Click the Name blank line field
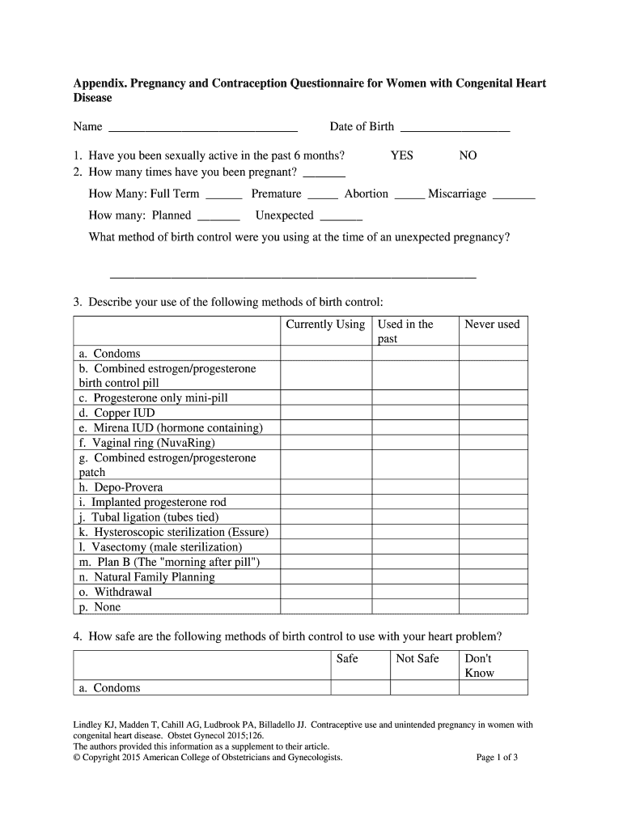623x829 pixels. click(202, 128)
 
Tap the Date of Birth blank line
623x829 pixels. click(455, 128)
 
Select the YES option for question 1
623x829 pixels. click(401, 155)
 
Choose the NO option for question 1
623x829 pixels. click(468, 155)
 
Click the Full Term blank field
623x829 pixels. click(224, 195)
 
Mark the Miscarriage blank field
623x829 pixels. click(514, 195)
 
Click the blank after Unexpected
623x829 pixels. click(341, 217)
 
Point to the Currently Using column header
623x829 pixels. click(325, 325)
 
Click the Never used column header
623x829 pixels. click(492, 325)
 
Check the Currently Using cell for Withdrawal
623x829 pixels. click(325, 592)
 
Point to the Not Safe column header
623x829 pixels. click(417, 659)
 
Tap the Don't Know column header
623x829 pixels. click(479, 665)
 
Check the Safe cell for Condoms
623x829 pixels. click(360, 688)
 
